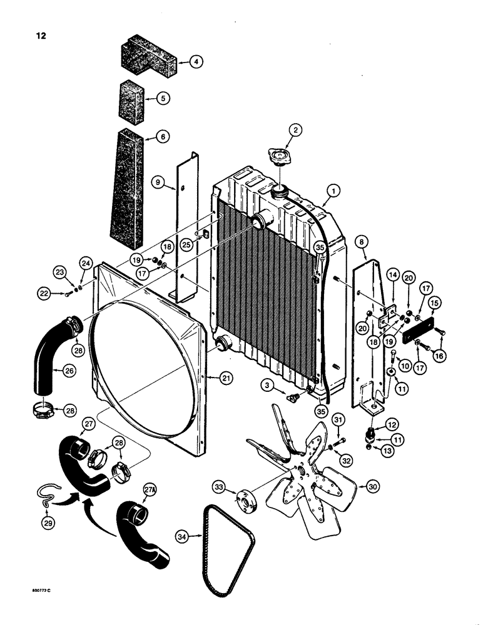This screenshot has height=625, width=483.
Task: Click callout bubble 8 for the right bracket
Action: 362,239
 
